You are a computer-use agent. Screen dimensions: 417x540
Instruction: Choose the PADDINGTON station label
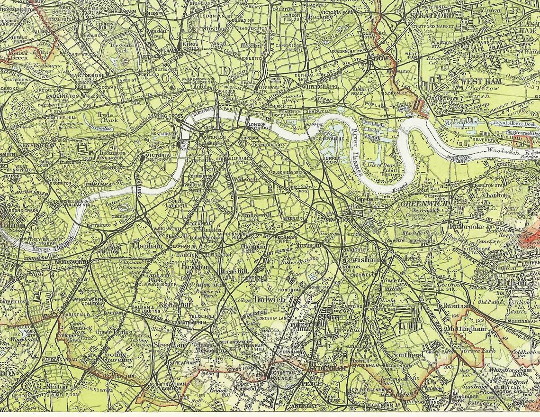tap(63, 97)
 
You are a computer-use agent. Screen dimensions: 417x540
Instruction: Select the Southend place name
tap(407, 355)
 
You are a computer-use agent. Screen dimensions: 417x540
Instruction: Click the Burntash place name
tap(457, 306)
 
